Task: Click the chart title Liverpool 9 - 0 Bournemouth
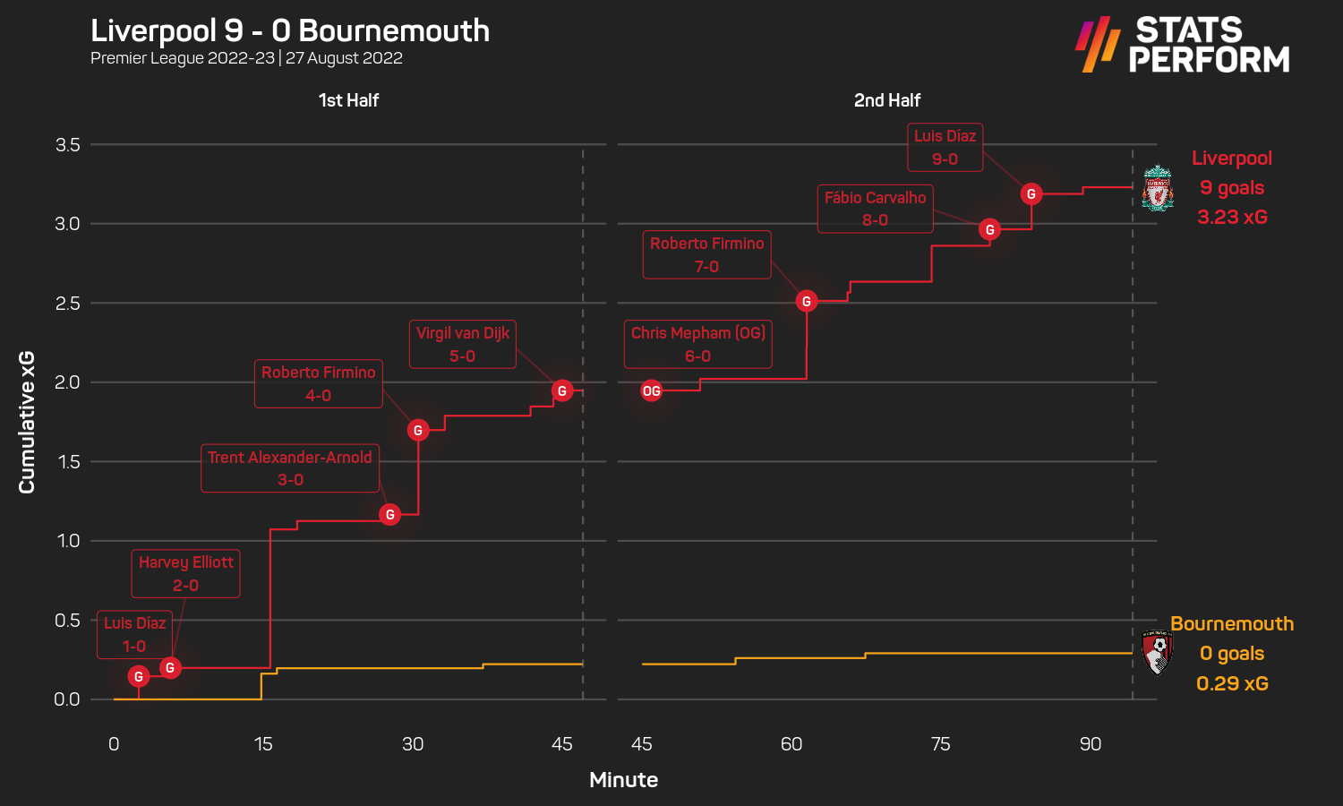(290, 30)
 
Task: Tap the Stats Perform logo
(1182, 45)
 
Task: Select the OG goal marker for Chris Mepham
(652, 390)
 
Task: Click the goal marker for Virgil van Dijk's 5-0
(562, 390)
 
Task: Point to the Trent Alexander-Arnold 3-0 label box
(290, 468)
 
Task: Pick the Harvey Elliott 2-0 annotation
(185, 573)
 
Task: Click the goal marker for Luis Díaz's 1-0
(138, 677)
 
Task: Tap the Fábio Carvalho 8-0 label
(875, 209)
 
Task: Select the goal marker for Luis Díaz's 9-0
(1031, 193)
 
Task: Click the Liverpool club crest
(1158, 188)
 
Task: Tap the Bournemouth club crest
(1158, 652)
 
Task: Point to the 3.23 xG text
(1232, 217)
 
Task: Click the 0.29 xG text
(1232, 683)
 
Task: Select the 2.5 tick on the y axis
(68, 304)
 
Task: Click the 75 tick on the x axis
(941, 744)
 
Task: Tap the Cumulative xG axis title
(27, 422)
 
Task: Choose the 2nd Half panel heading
(886, 100)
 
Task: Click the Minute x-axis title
(623, 780)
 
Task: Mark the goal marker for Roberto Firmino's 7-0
(807, 302)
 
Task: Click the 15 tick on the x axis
(263, 744)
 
